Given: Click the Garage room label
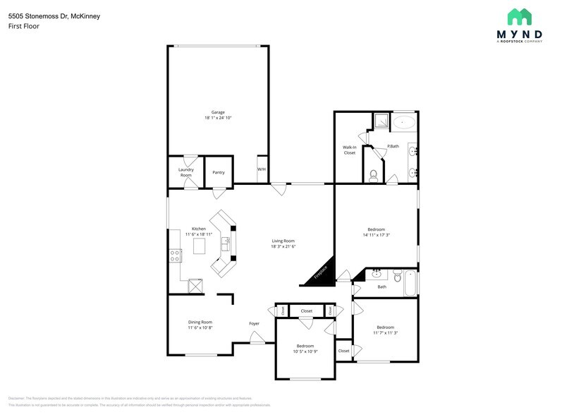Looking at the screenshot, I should [x=218, y=112].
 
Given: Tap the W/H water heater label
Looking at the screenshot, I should [x=261, y=169].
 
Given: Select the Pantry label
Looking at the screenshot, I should [x=219, y=172].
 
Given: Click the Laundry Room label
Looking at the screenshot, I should [x=185, y=172].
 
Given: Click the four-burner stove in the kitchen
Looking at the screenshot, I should [x=173, y=256].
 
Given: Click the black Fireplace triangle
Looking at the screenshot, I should [x=319, y=274].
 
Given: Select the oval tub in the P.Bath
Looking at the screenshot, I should [x=405, y=121].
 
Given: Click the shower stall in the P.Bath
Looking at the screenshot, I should [x=381, y=121].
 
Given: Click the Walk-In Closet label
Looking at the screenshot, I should [x=350, y=150].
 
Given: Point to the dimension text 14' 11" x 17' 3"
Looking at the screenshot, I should [x=376, y=235].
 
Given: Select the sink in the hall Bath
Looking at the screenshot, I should [x=376, y=274].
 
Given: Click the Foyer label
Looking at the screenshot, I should [x=254, y=323].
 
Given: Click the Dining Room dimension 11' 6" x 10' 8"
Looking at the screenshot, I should [x=200, y=327].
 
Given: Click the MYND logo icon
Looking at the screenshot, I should [x=520, y=17].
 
